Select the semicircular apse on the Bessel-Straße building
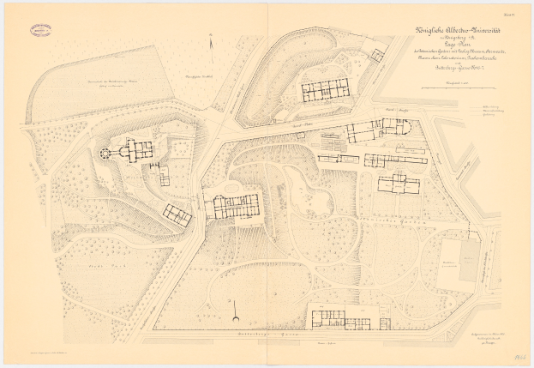coord(407,127)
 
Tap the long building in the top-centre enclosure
coord(324,88)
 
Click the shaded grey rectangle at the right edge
coord(469,261)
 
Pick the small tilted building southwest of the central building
coord(178,214)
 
